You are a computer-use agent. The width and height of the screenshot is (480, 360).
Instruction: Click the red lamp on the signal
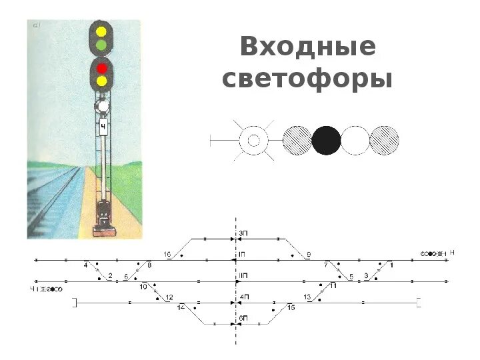coord(102,68)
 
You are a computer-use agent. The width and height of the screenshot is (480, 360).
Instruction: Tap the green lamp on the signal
coord(102,45)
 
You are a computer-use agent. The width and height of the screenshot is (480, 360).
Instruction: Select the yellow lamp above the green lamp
coord(102,31)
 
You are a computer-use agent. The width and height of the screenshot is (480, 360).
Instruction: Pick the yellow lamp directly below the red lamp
coord(102,81)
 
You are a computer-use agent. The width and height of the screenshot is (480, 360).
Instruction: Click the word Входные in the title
coord(308,48)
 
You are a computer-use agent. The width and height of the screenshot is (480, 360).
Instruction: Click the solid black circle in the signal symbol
coord(327,141)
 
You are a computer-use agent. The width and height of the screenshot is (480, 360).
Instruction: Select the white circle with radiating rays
coord(253,141)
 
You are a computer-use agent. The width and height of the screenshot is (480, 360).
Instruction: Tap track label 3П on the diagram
coord(244,232)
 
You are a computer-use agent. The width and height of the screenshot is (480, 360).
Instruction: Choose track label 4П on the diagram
coord(244,296)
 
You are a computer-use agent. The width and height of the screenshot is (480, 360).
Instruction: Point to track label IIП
coord(244,275)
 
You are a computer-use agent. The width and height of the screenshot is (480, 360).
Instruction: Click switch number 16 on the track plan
coord(167,254)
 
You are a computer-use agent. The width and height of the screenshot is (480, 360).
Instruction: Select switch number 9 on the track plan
coord(309,254)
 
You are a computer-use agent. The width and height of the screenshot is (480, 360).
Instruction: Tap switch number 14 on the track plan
coord(181,307)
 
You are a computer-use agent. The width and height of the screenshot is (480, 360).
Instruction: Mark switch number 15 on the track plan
coord(291,307)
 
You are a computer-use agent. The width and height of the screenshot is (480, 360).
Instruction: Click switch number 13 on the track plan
coord(307,297)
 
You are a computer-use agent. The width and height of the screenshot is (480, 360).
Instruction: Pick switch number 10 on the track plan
coord(143,287)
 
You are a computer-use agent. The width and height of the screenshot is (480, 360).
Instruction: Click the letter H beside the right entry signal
coord(452,253)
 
